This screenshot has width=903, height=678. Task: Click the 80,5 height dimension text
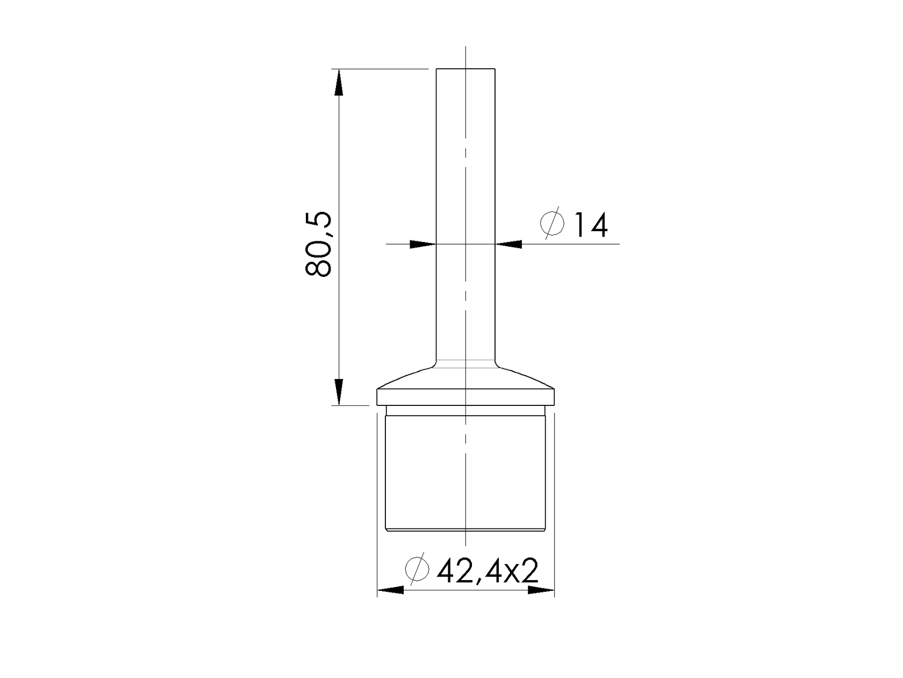[x=319, y=245]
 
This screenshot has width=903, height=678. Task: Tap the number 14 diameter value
[x=591, y=225]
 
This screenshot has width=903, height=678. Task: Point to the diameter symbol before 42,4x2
[x=418, y=568]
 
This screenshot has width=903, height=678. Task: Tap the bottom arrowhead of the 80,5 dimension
[x=338, y=392]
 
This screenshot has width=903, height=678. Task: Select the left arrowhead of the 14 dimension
[x=422, y=244]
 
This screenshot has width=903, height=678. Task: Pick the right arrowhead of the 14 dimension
[x=508, y=244]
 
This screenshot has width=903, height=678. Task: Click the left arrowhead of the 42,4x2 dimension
[x=390, y=590]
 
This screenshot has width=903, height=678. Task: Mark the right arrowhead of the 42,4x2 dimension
[x=541, y=590]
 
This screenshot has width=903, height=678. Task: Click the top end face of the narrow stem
[x=465, y=69]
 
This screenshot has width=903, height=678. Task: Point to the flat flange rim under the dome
[x=465, y=397]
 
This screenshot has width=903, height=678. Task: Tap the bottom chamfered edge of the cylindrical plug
[x=465, y=530]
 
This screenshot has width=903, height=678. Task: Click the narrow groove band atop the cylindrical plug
[x=465, y=411]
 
